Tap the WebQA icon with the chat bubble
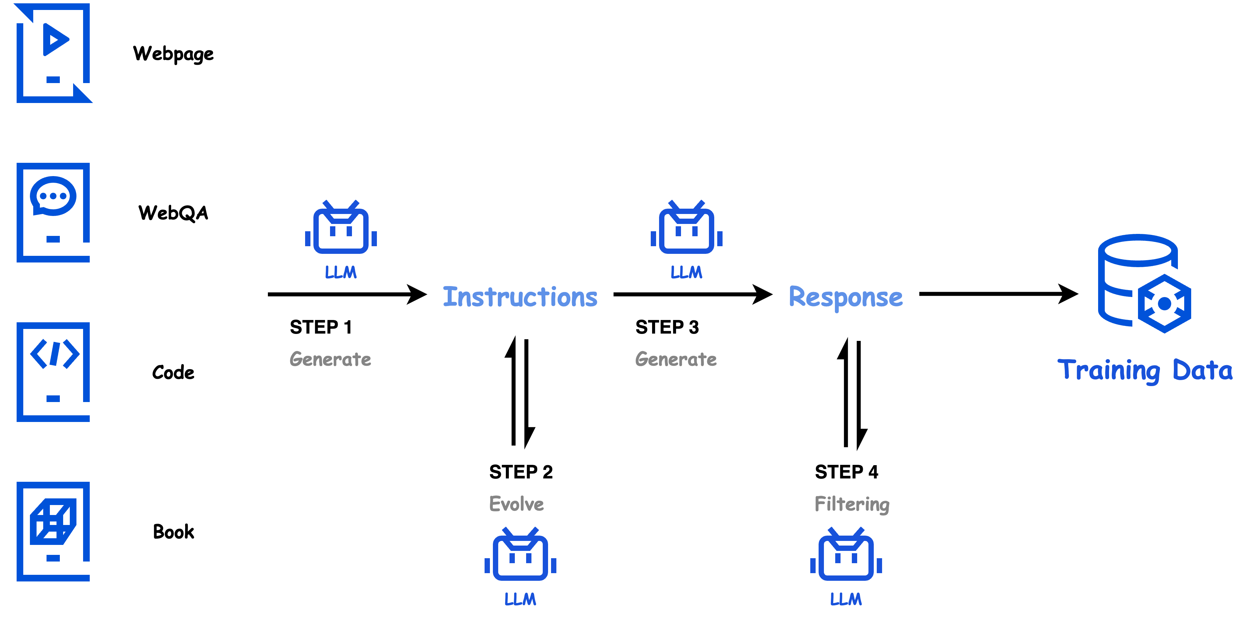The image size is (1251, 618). (x=54, y=212)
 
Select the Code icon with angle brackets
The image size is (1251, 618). (x=54, y=371)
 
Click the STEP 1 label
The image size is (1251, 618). (x=320, y=327)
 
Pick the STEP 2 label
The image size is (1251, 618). (x=520, y=472)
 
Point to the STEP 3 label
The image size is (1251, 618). (x=667, y=327)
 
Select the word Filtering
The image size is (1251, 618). (x=852, y=504)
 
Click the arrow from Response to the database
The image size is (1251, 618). (x=998, y=294)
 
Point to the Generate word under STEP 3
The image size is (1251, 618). (x=676, y=359)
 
